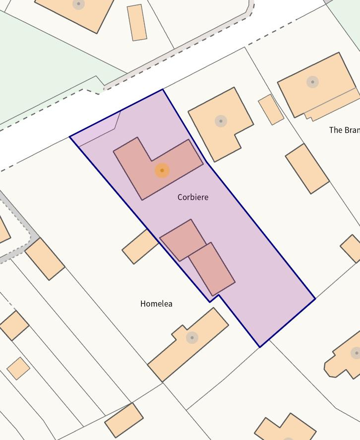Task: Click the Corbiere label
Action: (193, 197)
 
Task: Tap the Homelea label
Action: (156, 304)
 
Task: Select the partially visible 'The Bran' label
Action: (344, 130)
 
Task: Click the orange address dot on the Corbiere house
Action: (162, 170)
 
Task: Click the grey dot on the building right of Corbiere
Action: (221, 121)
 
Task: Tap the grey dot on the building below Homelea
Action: (192, 337)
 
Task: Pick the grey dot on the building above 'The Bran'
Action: (312, 82)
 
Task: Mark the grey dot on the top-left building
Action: (78, 4)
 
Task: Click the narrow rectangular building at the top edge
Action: (137, 22)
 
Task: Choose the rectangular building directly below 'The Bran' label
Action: (307, 168)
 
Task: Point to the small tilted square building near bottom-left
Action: (18, 368)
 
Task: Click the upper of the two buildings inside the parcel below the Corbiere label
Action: (182, 240)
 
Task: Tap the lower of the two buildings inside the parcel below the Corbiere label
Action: (212, 269)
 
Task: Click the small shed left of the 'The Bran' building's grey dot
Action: (271, 110)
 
